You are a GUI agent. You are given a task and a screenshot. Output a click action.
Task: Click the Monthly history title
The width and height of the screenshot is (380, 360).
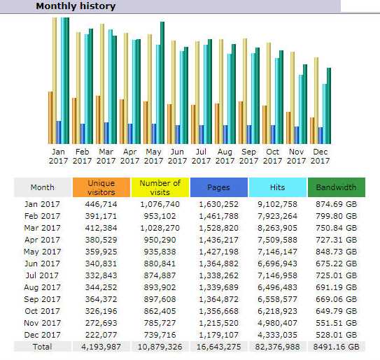coord(76,6)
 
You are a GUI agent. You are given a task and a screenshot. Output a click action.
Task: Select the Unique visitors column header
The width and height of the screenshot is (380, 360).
coord(101,187)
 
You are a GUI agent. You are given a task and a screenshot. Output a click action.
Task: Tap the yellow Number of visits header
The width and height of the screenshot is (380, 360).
coord(160,187)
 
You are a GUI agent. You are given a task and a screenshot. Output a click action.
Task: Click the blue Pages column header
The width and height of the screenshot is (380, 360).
coord(219,187)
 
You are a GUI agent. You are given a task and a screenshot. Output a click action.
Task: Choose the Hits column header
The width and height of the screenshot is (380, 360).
coord(278,187)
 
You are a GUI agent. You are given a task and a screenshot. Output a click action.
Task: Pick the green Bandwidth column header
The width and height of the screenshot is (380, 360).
coord(337,187)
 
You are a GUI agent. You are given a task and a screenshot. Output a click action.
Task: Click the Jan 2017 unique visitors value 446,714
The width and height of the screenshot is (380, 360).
coord(101,204)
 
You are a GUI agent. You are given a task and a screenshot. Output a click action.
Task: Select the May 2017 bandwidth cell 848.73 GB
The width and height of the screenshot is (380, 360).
coord(337,252)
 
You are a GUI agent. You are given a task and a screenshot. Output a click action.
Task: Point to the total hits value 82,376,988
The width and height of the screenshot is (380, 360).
coord(278,347)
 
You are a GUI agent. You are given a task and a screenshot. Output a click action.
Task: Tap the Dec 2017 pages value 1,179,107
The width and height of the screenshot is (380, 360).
coord(219,335)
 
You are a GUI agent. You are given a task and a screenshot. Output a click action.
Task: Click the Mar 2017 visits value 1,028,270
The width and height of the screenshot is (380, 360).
coord(160,228)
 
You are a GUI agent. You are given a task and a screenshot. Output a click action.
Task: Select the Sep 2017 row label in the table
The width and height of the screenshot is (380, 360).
coord(42,299)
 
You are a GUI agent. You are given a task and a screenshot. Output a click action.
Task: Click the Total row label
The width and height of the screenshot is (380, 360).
coord(43,347)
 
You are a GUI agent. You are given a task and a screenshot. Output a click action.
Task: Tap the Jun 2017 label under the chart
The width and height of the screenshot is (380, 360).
coord(177,156)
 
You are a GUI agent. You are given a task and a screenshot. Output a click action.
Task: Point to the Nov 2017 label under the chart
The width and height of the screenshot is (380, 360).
coord(296,156)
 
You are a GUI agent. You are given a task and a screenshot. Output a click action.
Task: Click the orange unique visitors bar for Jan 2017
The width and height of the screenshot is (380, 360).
coord(50,118)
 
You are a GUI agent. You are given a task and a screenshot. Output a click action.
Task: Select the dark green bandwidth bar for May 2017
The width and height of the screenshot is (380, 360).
coord(162,83)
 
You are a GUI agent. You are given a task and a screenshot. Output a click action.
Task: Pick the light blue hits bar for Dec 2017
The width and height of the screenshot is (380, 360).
coord(325,114)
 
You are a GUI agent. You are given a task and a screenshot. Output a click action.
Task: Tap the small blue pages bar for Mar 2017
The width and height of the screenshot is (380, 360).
coord(106,133)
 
